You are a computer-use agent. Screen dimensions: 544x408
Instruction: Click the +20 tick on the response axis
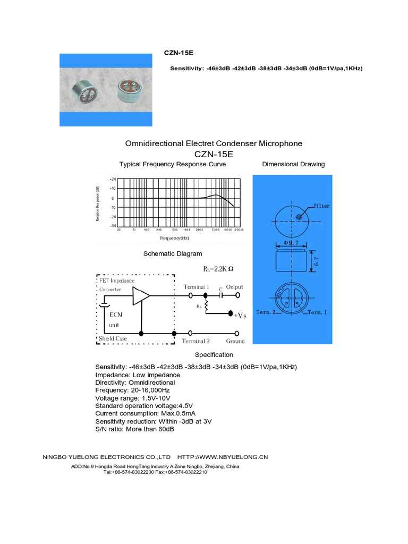112,180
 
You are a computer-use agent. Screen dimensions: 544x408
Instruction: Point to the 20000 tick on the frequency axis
239,230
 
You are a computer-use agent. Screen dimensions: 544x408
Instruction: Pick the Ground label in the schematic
235,341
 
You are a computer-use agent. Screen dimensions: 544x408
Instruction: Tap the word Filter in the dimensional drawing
321,205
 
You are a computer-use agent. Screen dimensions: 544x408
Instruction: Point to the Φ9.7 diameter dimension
293,242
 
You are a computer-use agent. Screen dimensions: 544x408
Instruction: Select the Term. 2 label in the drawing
269,312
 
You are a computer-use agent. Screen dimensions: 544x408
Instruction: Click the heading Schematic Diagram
173,254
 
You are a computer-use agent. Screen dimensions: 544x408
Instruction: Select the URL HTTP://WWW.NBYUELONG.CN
223,457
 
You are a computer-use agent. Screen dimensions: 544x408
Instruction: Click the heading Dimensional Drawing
293,164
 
